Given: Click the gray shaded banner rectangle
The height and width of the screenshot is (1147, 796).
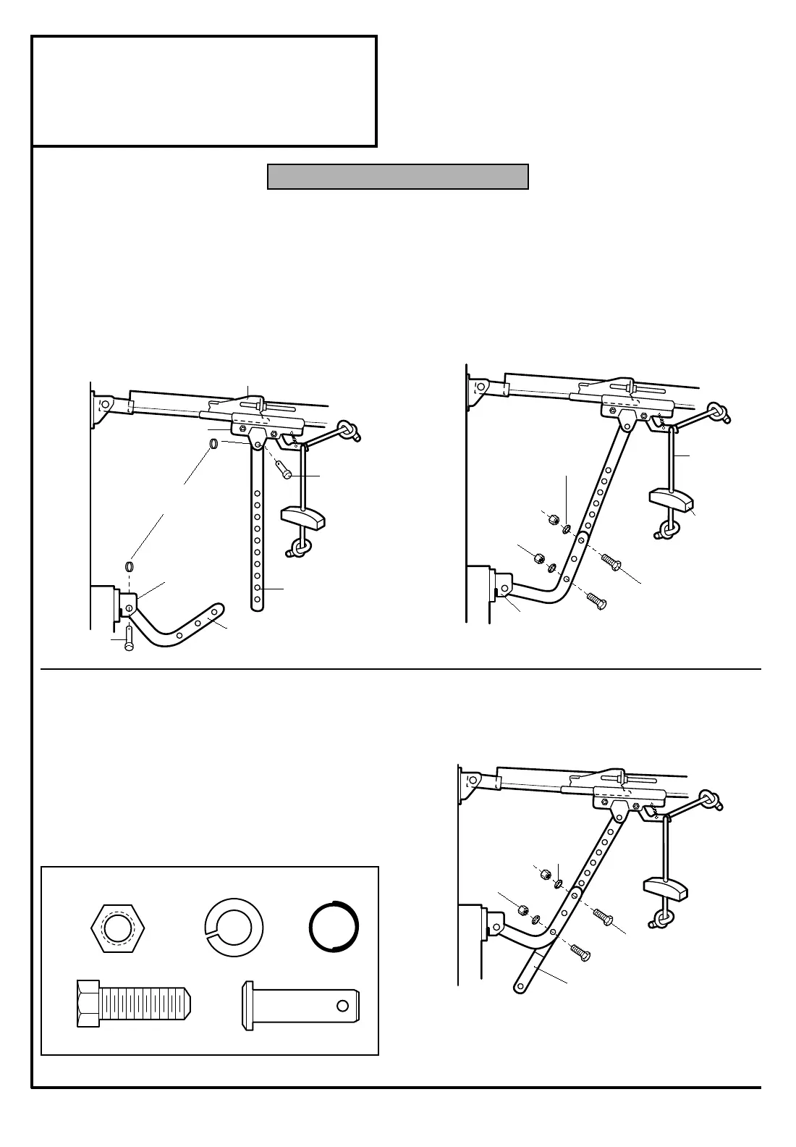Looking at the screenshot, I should click(397, 177).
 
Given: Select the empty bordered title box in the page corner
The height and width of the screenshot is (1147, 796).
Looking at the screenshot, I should click(204, 91).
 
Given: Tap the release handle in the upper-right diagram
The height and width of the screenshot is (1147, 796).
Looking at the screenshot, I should click(672, 500).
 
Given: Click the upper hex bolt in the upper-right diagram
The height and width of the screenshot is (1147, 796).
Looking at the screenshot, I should click(611, 563).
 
